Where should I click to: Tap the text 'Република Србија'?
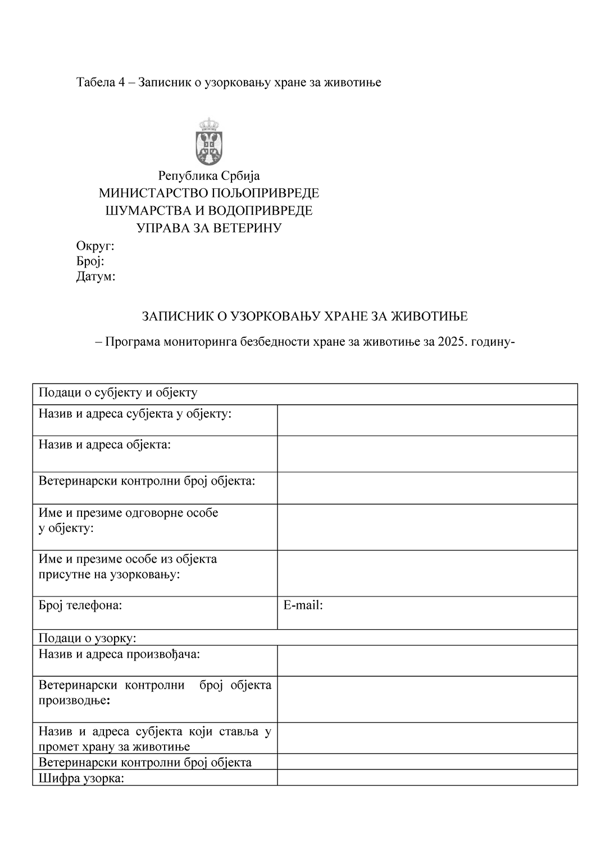point(208,176)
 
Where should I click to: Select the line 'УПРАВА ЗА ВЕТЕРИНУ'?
point(208,228)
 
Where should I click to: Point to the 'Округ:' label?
point(95,246)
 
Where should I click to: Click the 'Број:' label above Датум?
point(90,261)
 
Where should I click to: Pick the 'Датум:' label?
point(95,276)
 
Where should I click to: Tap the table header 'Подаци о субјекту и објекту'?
point(118,392)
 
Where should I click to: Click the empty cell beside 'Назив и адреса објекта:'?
point(427,454)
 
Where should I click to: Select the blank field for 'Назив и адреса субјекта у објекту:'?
point(427,420)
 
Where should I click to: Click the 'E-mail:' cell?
point(427,612)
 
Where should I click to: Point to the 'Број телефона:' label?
point(80,606)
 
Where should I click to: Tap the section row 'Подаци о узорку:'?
point(88,638)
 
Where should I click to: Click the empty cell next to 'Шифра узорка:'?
point(427,778)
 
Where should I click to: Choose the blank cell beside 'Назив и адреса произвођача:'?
point(427,661)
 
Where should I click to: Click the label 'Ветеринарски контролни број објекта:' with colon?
point(147,481)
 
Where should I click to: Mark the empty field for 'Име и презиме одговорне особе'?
point(427,527)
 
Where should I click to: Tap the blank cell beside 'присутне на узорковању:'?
point(427,573)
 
